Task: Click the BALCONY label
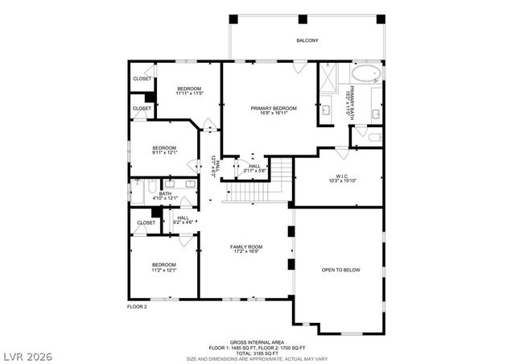(x=307, y=39)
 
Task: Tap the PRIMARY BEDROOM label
(x=274, y=110)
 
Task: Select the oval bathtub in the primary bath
(x=368, y=76)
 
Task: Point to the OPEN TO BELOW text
(x=340, y=270)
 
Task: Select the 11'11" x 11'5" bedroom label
(x=189, y=91)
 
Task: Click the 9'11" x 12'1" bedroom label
(x=164, y=151)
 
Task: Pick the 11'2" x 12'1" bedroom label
(x=163, y=267)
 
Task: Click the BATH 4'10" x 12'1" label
(x=165, y=196)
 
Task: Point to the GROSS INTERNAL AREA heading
(x=257, y=342)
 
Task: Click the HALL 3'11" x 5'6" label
(x=253, y=168)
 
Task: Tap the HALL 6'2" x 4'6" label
(x=183, y=218)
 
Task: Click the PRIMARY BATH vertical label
(x=348, y=103)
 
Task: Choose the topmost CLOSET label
(x=142, y=79)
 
